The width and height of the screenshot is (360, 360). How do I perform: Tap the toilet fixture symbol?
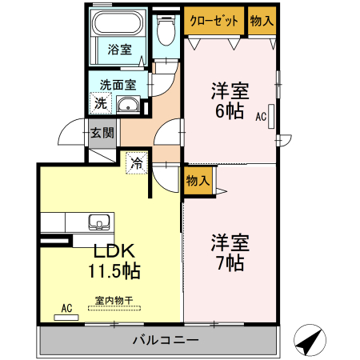[x=166, y=32]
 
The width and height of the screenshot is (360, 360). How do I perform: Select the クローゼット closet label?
[x=214, y=21]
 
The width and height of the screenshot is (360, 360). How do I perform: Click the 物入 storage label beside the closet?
[x=262, y=21]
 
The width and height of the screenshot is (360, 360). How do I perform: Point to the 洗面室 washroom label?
[x=117, y=84]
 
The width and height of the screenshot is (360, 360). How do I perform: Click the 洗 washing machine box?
[x=100, y=102]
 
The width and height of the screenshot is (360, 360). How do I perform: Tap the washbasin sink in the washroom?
[x=128, y=104]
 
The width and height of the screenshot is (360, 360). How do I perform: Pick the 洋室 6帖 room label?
[x=229, y=101]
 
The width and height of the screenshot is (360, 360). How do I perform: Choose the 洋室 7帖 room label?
[x=229, y=250]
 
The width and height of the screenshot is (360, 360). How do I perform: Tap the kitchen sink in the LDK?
[x=99, y=222]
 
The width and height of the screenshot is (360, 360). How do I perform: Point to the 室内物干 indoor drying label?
[x=114, y=301]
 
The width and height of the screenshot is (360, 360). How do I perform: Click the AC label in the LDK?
[x=67, y=306]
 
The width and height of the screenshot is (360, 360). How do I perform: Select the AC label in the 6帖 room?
[x=261, y=116]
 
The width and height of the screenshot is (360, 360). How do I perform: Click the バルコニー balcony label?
[x=165, y=340]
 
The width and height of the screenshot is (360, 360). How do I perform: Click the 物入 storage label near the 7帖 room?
[x=197, y=181]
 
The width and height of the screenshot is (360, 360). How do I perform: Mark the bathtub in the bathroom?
[x=119, y=25]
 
